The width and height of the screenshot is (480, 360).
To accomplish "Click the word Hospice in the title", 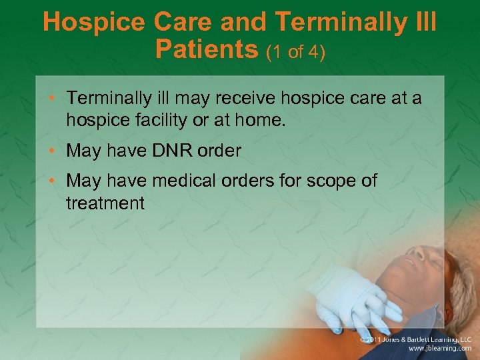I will point(94,23).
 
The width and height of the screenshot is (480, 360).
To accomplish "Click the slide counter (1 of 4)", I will point(295,51).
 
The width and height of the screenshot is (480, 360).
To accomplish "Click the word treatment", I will point(105,203).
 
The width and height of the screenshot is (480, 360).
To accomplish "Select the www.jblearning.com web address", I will point(440,349).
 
